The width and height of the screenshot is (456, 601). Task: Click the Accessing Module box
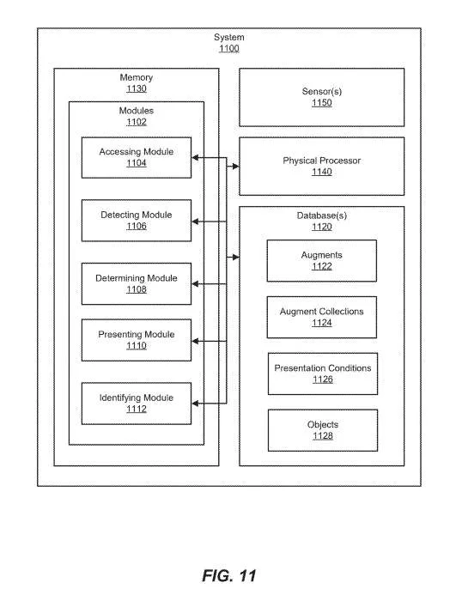pos(137,157)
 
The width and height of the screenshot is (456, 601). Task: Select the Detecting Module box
pos(137,221)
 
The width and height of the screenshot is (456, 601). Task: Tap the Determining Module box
pos(137,283)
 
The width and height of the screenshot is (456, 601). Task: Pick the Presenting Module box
pos(137,340)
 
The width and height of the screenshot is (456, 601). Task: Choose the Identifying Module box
pos(137,404)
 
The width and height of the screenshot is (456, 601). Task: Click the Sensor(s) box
pos(321,97)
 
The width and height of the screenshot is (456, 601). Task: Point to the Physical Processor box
pos(321,166)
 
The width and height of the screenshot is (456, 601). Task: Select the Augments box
pos(321,261)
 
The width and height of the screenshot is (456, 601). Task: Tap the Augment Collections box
pos(321,317)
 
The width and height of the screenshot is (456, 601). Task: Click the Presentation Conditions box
pos(323,373)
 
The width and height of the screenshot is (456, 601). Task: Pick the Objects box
pos(323,430)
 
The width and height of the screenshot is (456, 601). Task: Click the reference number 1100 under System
pos(229,49)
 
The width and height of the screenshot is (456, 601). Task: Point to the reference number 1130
pos(137,89)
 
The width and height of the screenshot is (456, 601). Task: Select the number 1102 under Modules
pos(137,122)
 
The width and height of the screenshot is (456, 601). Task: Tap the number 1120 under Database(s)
pos(321,227)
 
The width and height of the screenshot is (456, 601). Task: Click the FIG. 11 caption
pos(229,576)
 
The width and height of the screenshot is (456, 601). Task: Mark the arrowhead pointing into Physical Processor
pos(235,166)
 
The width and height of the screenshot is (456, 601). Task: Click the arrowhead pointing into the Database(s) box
pos(235,257)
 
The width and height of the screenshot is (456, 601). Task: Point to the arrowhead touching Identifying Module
pos(195,404)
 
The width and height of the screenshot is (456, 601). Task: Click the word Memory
pos(137,77)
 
